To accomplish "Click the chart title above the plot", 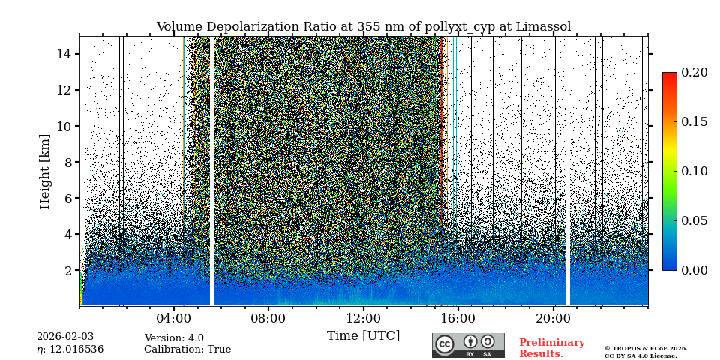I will [363, 27].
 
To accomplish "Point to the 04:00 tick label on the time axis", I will [174, 318].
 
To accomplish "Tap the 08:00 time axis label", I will [268, 318].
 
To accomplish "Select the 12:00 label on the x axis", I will [364, 318].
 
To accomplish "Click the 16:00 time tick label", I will [458, 318].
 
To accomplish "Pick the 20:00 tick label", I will [553, 318].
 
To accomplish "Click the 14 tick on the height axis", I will [63, 54].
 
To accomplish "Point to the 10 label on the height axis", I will [63, 126].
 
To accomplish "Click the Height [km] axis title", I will [45, 171].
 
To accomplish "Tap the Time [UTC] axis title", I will [363, 335].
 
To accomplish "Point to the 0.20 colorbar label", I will [694, 73].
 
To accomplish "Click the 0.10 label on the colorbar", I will [694, 171].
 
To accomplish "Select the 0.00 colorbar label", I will [694, 270].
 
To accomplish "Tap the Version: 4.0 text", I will [173, 338].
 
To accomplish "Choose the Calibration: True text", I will [187, 349].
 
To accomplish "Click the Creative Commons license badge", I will [468, 345].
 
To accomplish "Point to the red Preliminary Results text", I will [551, 348].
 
